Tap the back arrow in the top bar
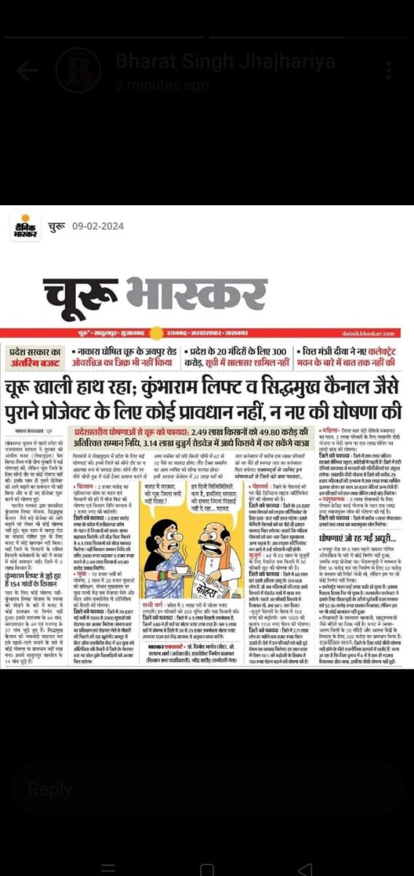pos(27,70)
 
